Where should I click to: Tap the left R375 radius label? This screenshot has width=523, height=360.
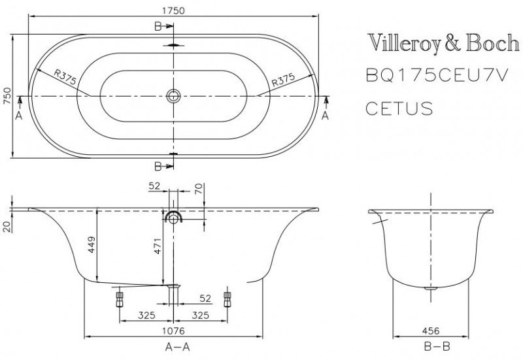coord(65,78)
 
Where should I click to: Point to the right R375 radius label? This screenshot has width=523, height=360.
coord(283,80)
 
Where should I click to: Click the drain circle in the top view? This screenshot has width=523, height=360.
coord(173,96)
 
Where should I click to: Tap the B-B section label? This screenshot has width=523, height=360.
coord(430,346)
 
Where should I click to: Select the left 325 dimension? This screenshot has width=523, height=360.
coord(146,316)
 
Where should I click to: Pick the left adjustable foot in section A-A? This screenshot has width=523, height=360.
coord(120,298)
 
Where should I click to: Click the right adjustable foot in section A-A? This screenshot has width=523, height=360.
coord(228,298)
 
